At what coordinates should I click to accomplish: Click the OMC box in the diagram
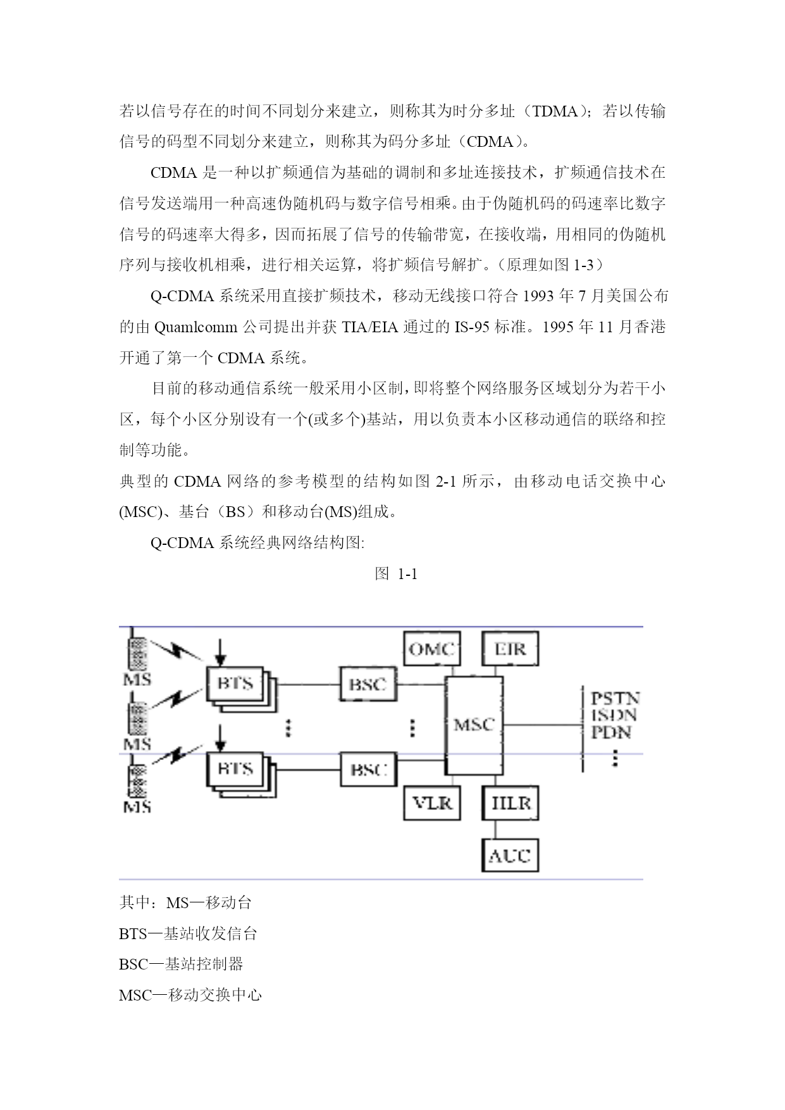pyautogui.click(x=432, y=648)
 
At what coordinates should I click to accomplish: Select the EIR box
pyautogui.click(x=510, y=648)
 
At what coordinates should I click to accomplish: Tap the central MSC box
pyautogui.click(x=474, y=725)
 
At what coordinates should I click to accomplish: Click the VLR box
pyautogui.click(x=432, y=802)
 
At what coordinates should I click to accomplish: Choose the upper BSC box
pyautogui.click(x=368, y=683)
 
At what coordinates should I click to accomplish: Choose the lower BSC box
pyautogui.click(x=368, y=770)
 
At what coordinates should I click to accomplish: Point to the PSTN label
pyautogui.click(x=615, y=698)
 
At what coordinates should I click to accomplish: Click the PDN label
pyautogui.click(x=611, y=732)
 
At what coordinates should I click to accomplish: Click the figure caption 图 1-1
pyautogui.click(x=396, y=574)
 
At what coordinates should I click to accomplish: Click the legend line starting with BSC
pyautogui.click(x=181, y=964)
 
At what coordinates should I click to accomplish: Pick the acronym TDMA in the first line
pyautogui.click(x=555, y=111)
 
